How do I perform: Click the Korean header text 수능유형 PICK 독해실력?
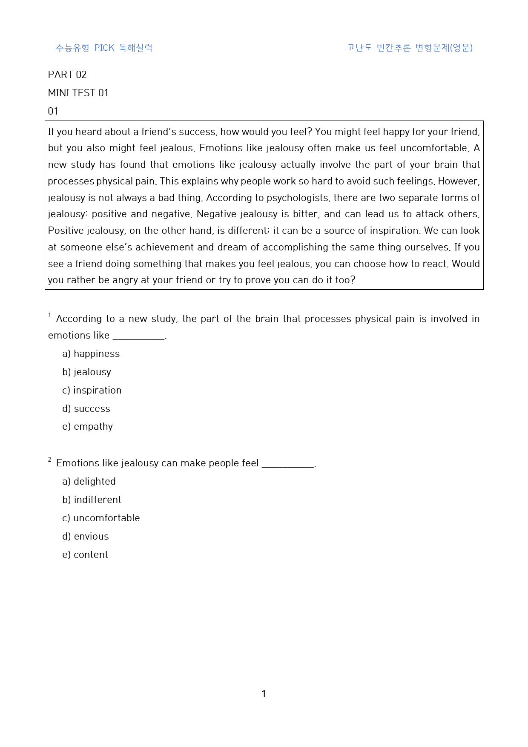(104, 48)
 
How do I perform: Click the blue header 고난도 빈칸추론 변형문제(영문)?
(410, 48)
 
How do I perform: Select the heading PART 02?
(67, 75)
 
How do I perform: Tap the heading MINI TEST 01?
(78, 93)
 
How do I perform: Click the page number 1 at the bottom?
(264, 694)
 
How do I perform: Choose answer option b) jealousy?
(87, 372)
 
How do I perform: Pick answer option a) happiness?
(91, 354)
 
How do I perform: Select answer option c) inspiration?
(92, 391)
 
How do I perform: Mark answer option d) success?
(86, 409)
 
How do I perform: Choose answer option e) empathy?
(88, 427)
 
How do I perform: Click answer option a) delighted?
(89, 482)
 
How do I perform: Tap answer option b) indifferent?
(92, 500)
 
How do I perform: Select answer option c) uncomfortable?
(101, 518)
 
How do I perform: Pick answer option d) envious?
(86, 537)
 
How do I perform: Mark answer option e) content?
(85, 555)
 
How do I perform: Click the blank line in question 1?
(138, 338)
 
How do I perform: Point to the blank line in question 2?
(288, 466)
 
